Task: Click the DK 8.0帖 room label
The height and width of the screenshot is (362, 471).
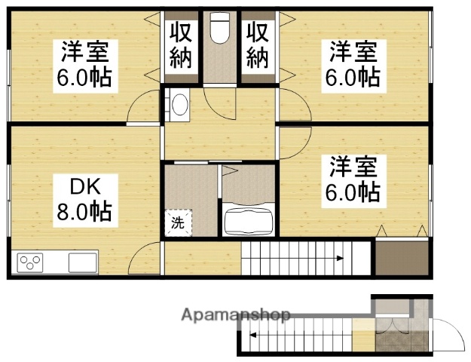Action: pyautogui.click(x=84, y=198)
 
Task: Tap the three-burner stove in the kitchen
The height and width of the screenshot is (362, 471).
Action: pyautogui.click(x=31, y=263)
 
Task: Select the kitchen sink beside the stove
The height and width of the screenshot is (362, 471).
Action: pyautogui.click(x=82, y=263)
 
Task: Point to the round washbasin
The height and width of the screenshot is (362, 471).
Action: pyautogui.click(x=181, y=106)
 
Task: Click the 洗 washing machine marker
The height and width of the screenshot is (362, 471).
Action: pyautogui.click(x=179, y=222)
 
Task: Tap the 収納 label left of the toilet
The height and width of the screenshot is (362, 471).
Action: pyautogui.click(x=181, y=45)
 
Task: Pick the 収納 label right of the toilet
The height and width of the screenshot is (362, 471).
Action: pyautogui.click(x=257, y=45)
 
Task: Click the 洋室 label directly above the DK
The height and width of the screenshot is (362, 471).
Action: pyautogui.click(x=84, y=65)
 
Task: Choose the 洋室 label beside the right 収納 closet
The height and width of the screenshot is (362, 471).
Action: pyautogui.click(x=352, y=65)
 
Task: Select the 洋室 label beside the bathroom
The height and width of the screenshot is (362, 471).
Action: pyautogui.click(x=352, y=178)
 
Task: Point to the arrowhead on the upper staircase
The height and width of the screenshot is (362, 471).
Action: pyautogui.click(x=340, y=259)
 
